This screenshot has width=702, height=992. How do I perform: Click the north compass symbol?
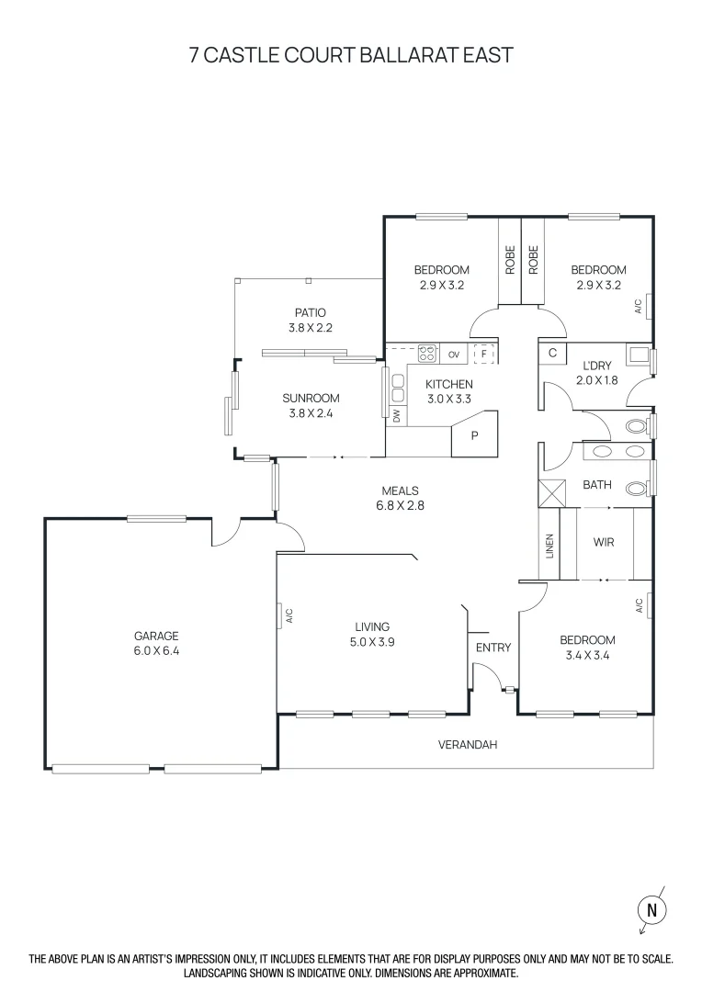(651, 909)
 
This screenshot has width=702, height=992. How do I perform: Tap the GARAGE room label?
(156, 636)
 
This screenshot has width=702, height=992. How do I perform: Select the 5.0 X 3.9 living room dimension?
(372, 643)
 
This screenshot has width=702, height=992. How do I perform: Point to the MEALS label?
(401, 490)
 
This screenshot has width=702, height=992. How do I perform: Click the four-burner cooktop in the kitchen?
(426, 353)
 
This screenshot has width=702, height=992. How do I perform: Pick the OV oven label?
(454, 354)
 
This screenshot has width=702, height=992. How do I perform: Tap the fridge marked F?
(482, 353)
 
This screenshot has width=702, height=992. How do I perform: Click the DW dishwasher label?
(397, 416)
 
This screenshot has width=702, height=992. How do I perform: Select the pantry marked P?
(474, 435)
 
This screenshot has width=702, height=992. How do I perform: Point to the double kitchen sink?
(398, 388)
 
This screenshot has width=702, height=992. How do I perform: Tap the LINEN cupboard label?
(549, 547)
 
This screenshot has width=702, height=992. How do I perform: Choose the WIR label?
(604, 543)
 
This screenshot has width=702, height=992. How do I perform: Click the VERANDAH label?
(467, 745)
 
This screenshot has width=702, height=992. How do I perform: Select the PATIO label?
(311, 312)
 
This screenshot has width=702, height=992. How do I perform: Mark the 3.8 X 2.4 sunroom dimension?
(311, 413)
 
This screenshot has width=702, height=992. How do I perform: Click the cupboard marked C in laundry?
(553, 353)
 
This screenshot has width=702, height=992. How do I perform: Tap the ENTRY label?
(493, 648)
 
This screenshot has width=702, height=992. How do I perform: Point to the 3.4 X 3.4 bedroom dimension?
(588, 656)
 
